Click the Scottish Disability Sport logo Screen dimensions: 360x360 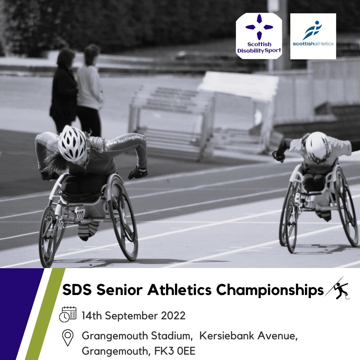[259, 36]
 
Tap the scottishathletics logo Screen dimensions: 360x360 [313, 36]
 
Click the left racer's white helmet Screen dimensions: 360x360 [72, 143]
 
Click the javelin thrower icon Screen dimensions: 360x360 [337, 289]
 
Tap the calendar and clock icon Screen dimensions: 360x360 [68, 314]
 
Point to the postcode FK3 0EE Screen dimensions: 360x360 [179, 351]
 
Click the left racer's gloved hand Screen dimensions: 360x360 [138, 172]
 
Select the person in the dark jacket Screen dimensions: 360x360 [63, 90]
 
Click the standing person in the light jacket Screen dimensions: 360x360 [90, 90]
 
